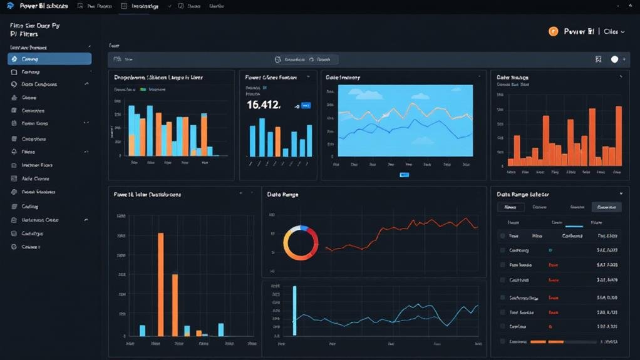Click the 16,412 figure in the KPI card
tap(264, 105)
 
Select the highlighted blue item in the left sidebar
tap(49, 59)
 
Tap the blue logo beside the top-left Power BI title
tap(10, 6)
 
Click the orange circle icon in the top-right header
tap(553, 31)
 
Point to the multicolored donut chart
tap(301, 243)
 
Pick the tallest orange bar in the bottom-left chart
tap(161, 284)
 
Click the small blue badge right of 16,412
tap(306, 106)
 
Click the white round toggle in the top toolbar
tap(614, 59)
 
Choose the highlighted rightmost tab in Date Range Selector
tap(606, 207)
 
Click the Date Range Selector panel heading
tap(522, 195)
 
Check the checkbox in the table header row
tap(502, 236)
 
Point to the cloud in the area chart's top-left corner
tap(356, 94)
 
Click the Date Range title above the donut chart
tap(282, 195)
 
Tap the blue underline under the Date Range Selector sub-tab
tap(574, 227)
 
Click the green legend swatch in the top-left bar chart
tap(143, 90)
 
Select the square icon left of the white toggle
tap(598, 59)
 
